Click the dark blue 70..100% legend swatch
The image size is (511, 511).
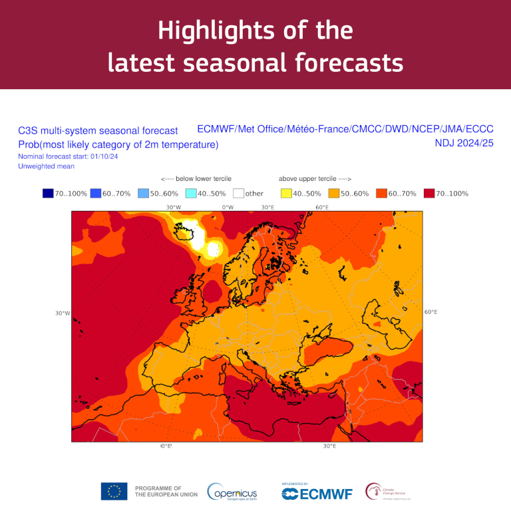[48, 194]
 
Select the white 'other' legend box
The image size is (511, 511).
[239, 194]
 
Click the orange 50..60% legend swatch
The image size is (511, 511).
[335, 194]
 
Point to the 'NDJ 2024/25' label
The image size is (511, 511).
[464, 142]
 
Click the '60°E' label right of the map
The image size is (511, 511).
[430, 312]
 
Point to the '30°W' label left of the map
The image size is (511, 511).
[63, 313]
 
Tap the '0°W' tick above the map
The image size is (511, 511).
[228, 208]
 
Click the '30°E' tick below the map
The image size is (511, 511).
[329, 446]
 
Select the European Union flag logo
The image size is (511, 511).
[114, 491]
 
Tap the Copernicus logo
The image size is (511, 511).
[232, 492]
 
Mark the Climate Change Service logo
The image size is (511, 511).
[389, 492]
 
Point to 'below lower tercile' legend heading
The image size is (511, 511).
[196, 179]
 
